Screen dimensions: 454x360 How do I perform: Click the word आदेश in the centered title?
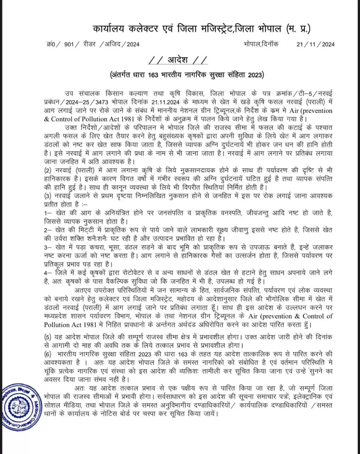[x=180, y=60]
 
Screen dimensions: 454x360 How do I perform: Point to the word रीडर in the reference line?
[x=89, y=44]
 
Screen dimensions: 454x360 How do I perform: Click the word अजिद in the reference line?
[x=113, y=44]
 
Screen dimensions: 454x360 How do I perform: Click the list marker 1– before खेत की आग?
[x=48, y=213]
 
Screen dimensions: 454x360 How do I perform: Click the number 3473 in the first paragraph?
[x=93, y=102]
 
